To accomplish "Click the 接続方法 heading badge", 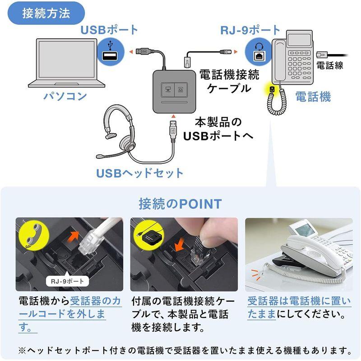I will (x=46, y=13).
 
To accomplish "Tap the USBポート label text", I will (x=110, y=30).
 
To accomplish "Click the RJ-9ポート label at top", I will (x=250, y=30).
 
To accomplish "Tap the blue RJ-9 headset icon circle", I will (x=259, y=52).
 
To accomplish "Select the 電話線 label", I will (x=330, y=66).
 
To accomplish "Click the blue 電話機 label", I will (x=313, y=96).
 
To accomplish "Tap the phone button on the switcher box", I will (x=182, y=89).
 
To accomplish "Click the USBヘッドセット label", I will (x=140, y=173).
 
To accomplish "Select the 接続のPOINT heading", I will (x=180, y=204).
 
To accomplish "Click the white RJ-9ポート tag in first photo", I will (x=68, y=282).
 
